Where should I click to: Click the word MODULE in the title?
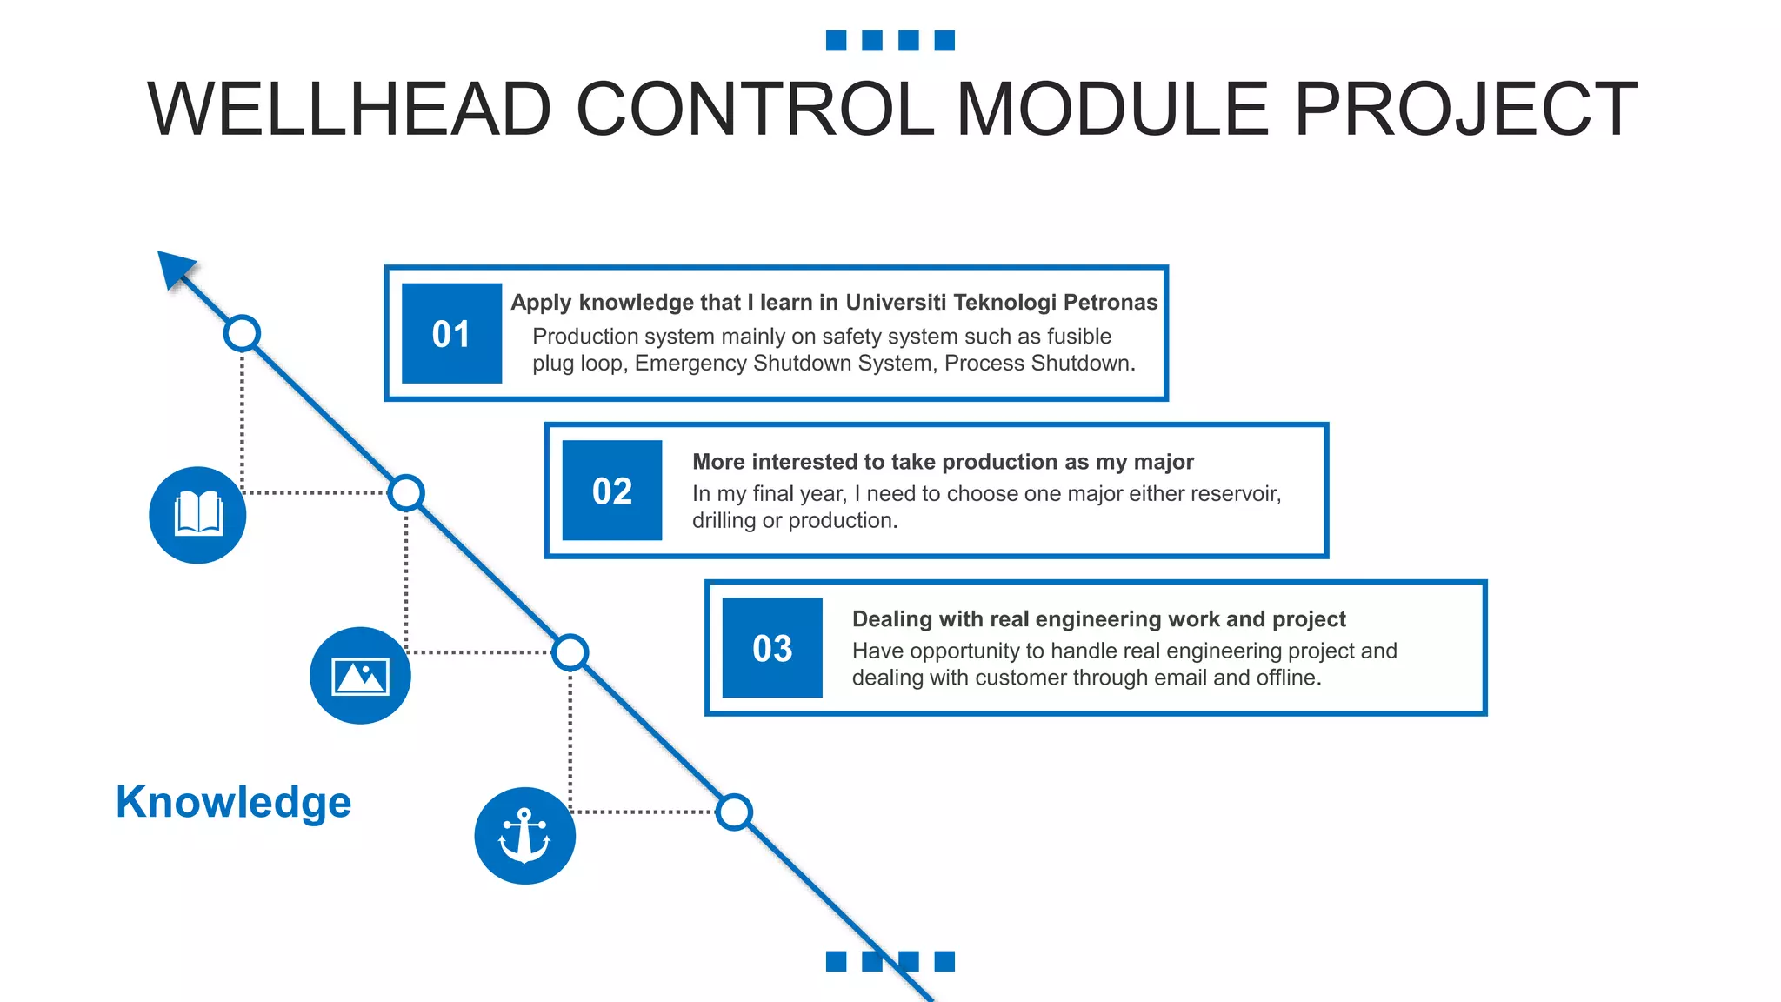tap(1113, 110)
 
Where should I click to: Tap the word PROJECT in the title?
tap(1466, 110)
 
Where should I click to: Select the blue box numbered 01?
tap(451, 333)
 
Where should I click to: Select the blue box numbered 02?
tap(612, 491)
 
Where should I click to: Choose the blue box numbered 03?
tap(772, 648)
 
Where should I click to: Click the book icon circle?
tap(197, 515)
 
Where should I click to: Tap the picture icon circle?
tap(360, 675)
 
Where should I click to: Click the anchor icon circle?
tap(524, 836)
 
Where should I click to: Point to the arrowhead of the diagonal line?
tap(175, 267)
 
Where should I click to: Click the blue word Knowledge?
tap(233, 802)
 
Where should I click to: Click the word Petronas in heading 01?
tap(1111, 302)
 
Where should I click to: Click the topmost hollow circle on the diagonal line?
tap(242, 333)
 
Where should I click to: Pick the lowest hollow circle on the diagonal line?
tap(735, 812)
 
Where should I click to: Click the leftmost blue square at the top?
tap(836, 41)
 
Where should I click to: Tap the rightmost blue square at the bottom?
tap(944, 961)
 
